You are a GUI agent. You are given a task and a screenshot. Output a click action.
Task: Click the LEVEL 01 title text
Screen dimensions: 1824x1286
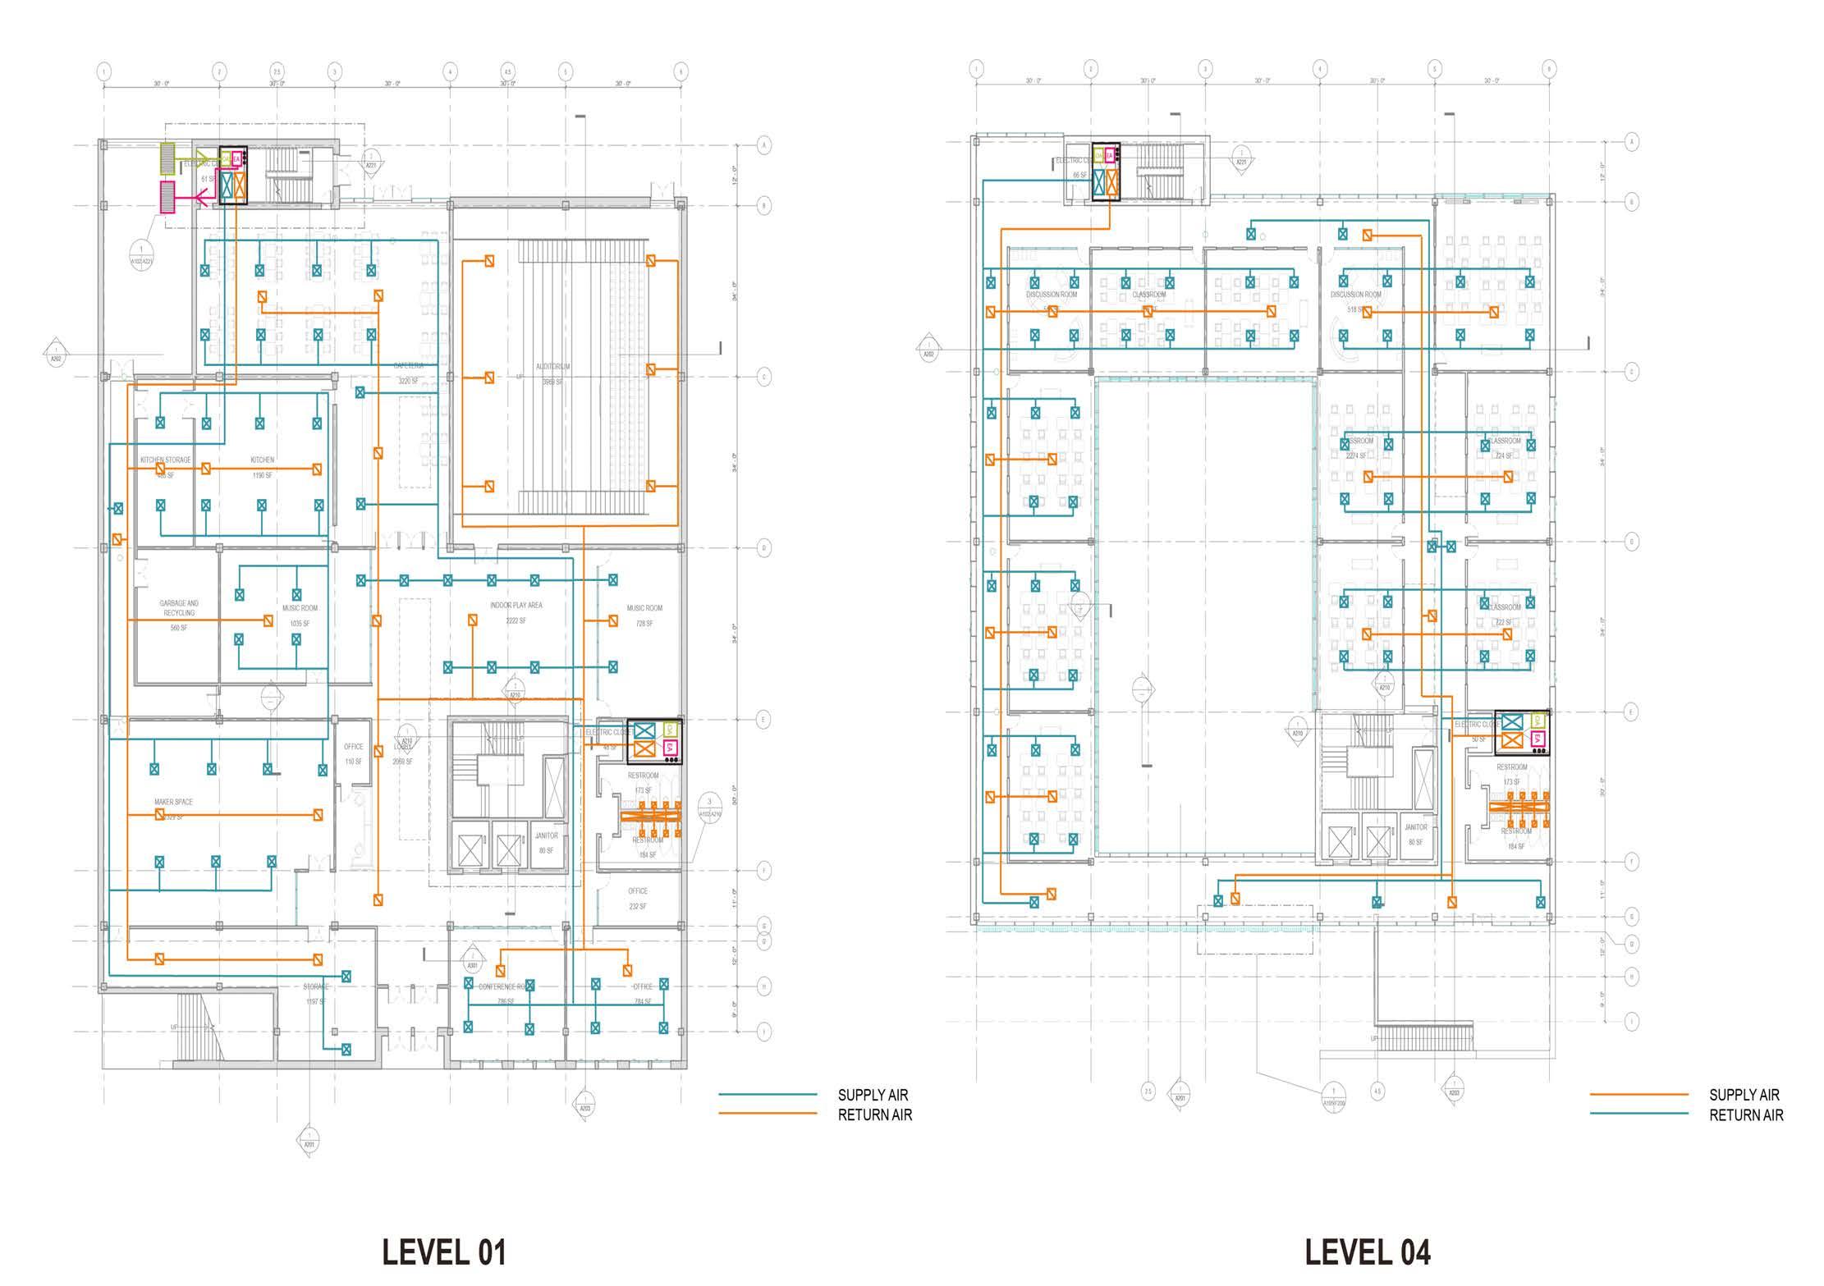444,1252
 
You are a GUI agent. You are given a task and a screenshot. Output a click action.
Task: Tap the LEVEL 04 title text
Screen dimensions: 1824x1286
1368,1252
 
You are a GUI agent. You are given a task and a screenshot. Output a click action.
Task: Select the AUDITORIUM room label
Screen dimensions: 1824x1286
552,367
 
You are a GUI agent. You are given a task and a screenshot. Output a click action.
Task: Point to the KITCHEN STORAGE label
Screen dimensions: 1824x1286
165,460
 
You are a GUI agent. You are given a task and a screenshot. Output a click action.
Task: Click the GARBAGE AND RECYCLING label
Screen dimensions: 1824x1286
179,608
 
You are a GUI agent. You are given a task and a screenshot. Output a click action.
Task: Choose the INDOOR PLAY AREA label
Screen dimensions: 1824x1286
516,606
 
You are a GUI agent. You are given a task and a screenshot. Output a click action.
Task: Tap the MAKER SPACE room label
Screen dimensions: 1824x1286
173,802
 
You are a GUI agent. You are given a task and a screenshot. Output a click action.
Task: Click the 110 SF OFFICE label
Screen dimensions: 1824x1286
353,747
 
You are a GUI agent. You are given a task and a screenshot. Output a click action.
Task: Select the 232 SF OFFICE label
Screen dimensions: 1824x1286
638,891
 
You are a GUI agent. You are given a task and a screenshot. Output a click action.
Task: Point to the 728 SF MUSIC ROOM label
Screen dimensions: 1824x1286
644,608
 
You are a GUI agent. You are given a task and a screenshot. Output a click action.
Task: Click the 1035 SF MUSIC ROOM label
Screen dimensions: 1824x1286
299,609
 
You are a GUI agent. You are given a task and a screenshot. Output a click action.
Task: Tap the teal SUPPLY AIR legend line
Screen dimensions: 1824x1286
768,1095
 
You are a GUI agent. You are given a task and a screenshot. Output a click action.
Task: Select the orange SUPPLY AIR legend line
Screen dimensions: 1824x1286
1638,1095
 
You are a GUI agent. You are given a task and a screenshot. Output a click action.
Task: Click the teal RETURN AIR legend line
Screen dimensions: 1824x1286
1638,1114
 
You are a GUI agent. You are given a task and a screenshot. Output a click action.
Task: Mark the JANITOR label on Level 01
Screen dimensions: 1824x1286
546,836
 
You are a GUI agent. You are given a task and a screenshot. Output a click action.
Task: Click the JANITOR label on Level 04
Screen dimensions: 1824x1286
1415,828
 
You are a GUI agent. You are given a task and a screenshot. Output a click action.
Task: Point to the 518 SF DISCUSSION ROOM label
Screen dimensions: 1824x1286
1355,295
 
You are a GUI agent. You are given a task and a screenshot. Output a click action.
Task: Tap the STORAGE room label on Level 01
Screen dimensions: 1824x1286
316,986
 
